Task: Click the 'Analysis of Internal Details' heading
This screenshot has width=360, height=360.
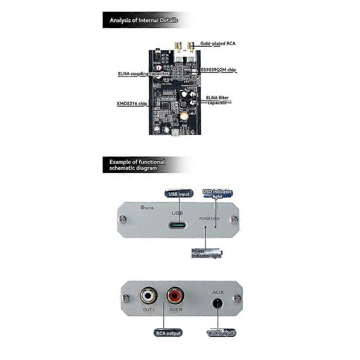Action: pyautogui.click(x=143, y=20)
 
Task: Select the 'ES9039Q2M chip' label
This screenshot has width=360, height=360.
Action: pyautogui.click(x=219, y=70)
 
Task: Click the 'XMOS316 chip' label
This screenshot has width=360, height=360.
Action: pyautogui.click(x=132, y=104)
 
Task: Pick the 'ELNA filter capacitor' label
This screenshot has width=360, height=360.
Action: pyautogui.click(x=217, y=100)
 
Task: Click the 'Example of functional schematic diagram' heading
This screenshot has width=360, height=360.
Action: pyautogui.click(x=137, y=165)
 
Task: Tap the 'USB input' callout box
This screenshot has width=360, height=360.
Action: pyautogui.click(x=179, y=194)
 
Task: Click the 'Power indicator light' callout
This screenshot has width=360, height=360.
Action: pyautogui.click(x=206, y=253)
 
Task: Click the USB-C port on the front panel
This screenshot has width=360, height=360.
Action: pyautogui.click(x=178, y=226)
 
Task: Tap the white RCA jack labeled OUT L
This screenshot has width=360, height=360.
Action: pyautogui.click(x=148, y=296)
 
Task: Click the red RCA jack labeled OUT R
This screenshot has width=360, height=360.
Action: pyautogui.click(x=175, y=296)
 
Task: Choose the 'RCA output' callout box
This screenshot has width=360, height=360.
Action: pyautogui.click(x=168, y=333)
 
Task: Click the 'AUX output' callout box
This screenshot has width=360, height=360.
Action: pyautogui.click(x=221, y=333)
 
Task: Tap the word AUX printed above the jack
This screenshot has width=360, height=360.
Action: pyautogui.click(x=218, y=292)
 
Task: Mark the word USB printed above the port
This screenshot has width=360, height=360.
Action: pyautogui.click(x=177, y=213)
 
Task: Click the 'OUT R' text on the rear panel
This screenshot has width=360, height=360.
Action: pyautogui.click(x=176, y=309)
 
